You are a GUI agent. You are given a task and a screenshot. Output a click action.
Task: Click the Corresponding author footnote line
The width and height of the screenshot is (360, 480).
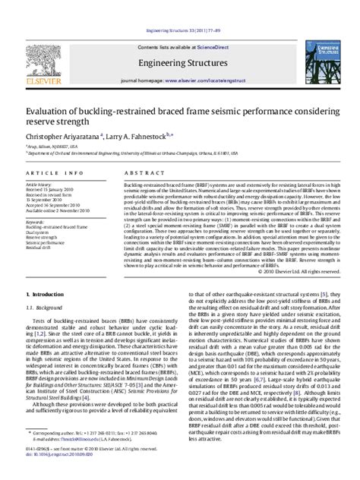pos(91,442)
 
